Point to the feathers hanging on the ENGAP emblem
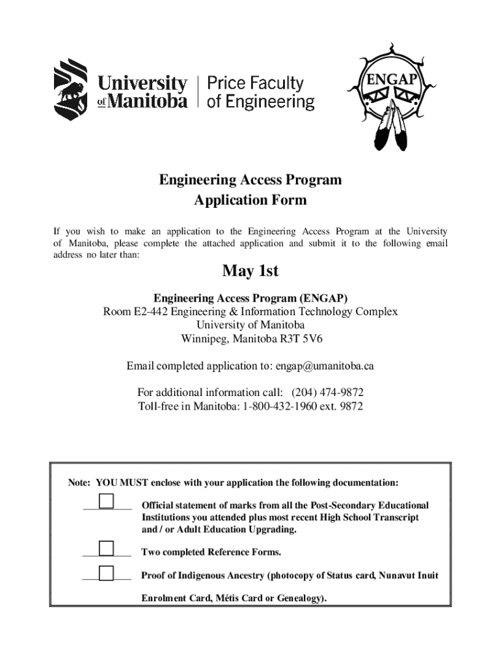388,127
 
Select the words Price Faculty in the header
255,83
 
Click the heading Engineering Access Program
250,180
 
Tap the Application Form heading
250,200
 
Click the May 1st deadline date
250,270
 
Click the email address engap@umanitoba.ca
324,366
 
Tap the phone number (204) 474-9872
327,393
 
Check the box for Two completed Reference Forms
105,548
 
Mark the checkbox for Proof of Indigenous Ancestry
105,573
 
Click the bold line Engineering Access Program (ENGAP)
250,298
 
